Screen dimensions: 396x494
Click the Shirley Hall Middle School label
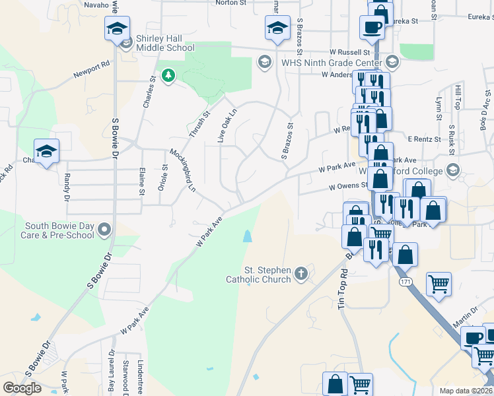[165, 43]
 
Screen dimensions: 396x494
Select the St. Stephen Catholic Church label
[267, 275]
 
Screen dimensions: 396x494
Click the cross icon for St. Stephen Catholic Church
[301, 273]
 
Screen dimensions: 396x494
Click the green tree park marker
[168, 76]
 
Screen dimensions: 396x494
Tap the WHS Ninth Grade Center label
[331, 63]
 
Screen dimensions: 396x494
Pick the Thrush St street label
[199, 123]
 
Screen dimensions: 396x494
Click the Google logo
[22, 388]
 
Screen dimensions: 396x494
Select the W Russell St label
[350, 51]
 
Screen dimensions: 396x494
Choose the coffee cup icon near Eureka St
[372, 27]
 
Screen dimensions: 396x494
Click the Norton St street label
[230, 3]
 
